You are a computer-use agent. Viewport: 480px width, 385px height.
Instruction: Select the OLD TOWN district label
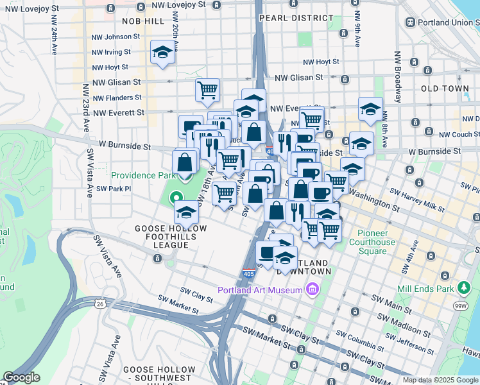click(x=445, y=88)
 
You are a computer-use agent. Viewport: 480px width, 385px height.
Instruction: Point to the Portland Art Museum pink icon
click(x=313, y=290)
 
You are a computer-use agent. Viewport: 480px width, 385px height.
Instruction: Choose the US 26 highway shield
click(x=101, y=303)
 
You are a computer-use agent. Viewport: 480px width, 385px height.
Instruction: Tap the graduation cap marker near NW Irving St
click(x=163, y=53)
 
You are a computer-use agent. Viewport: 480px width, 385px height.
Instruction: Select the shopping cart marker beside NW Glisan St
click(x=207, y=90)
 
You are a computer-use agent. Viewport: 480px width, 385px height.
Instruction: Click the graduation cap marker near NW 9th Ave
click(x=370, y=109)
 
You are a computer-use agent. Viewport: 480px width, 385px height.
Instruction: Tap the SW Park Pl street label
click(x=113, y=189)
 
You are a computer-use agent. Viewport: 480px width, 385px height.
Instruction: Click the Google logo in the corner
click(x=21, y=377)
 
